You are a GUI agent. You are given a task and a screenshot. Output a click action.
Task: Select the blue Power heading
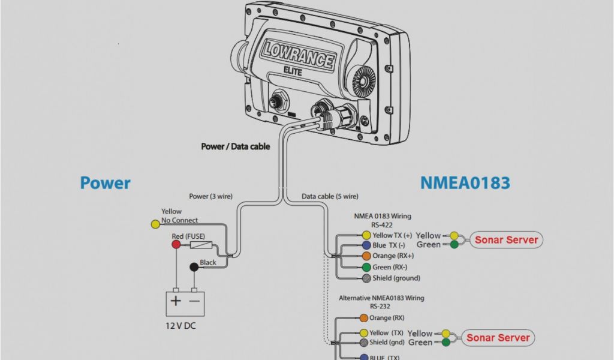pos(105,182)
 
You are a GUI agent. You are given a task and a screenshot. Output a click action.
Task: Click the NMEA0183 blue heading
pos(465,182)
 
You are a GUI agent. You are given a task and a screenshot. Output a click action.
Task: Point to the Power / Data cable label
pos(236,146)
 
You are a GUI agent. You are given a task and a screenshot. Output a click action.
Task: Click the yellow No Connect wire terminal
pos(155,224)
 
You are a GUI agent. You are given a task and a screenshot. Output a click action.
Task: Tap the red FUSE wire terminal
pos(176,244)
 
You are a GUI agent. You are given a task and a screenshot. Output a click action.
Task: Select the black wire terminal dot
pos(194,267)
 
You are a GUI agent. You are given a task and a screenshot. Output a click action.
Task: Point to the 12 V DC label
pos(180,326)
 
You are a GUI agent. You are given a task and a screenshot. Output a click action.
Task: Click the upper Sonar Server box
pos(506,240)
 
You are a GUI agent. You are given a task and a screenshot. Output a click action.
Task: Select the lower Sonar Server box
pos(498,338)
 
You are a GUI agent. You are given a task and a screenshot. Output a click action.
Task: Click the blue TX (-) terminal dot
pos(366,245)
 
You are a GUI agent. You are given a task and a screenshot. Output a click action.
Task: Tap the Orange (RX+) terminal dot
pos(366,256)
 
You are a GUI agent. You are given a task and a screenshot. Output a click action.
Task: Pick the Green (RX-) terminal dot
pos(366,267)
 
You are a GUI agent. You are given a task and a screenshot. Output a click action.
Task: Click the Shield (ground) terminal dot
pos(366,278)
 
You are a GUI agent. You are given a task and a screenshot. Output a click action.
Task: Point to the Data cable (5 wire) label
pos(330,196)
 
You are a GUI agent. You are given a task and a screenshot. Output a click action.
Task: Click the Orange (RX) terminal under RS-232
pos(363,318)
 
